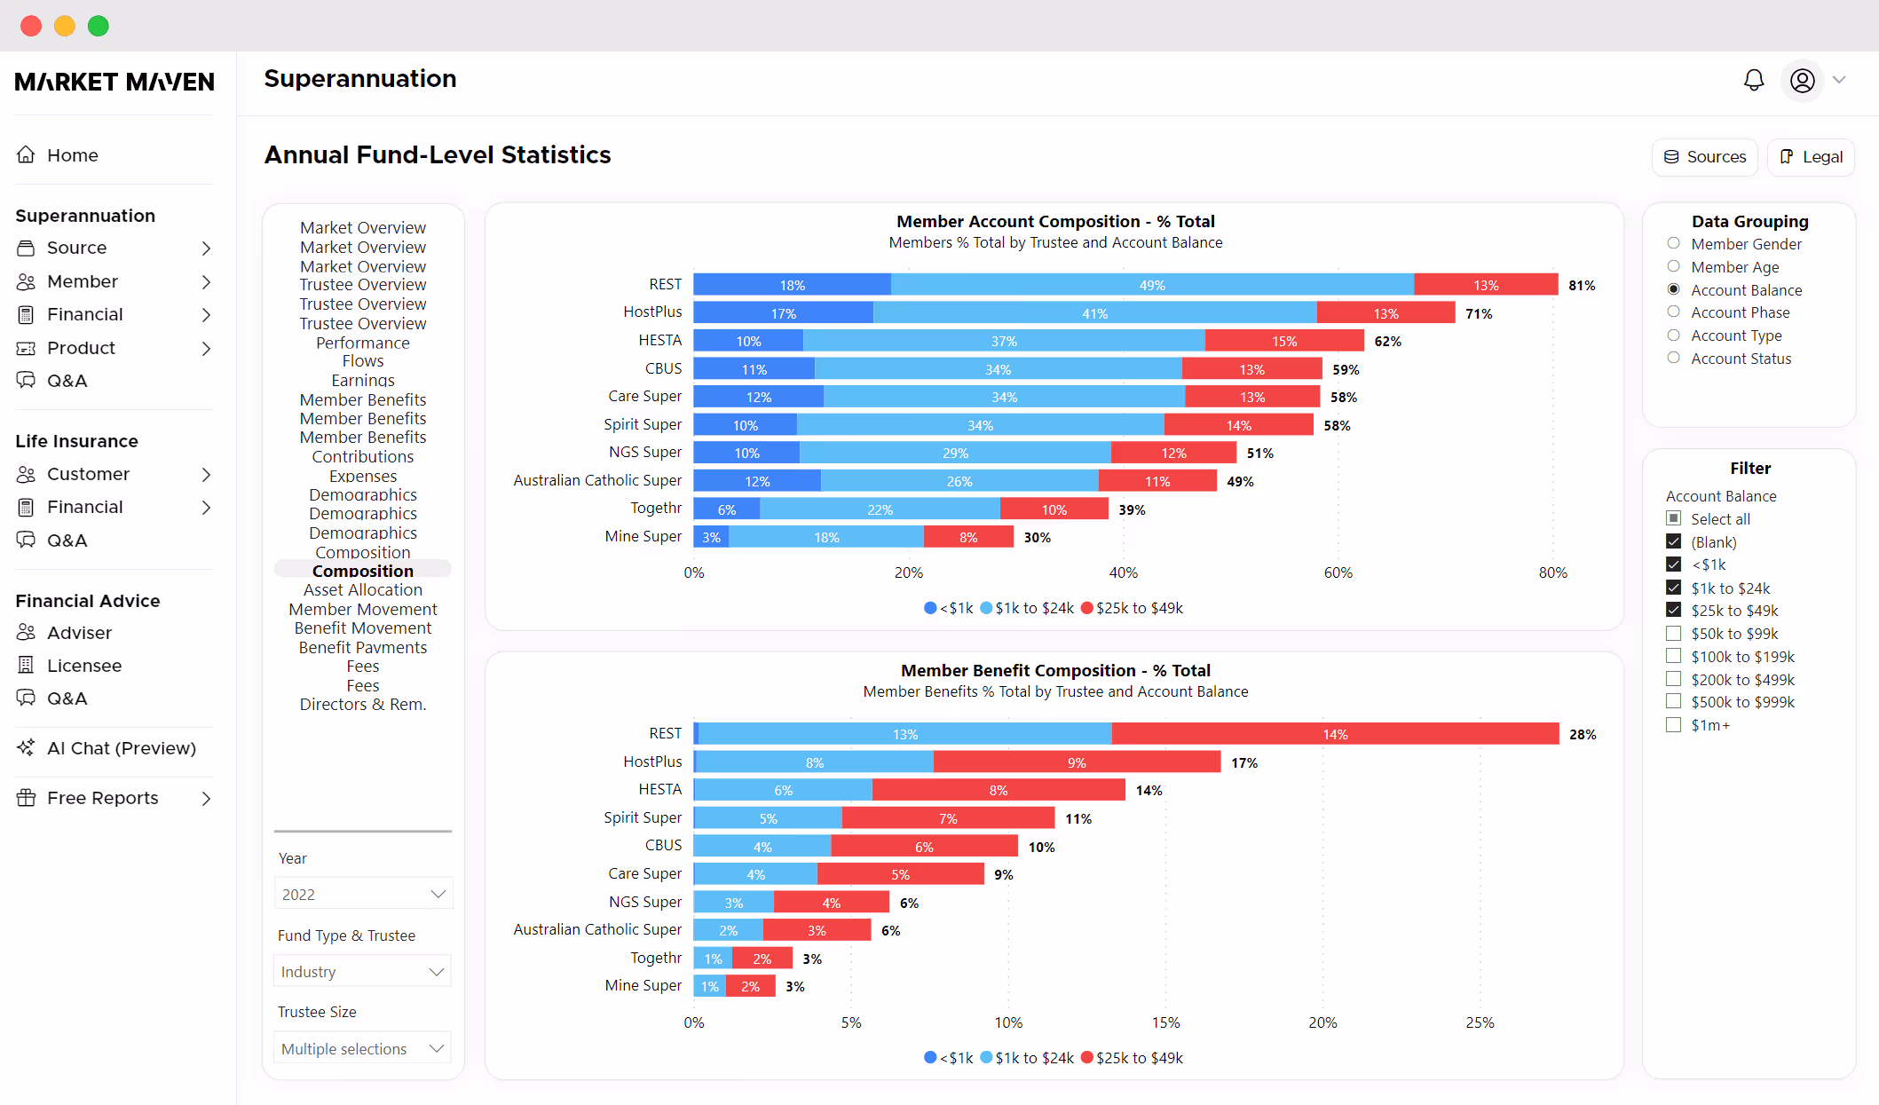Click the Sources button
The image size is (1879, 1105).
coord(1704,157)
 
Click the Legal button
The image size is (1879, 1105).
coord(1811,157)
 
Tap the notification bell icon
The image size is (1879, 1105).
coord(1753,81)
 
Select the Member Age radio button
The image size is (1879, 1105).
coord(1673,266)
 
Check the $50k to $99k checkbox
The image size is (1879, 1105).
coord(1673,634)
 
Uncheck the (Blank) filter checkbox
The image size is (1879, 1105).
coord(1673,541)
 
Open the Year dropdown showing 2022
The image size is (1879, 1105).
coord(363,894)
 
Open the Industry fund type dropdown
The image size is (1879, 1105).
coord(363,971)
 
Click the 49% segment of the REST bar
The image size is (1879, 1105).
coord(1151,285)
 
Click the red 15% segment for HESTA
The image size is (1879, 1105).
coord(1283,341)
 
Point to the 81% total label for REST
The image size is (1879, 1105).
coord(1581,286)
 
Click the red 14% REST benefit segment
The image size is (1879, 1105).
coord(1334,734)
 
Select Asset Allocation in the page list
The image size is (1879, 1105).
coord(363,590)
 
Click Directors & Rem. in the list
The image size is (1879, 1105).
coord(363,705)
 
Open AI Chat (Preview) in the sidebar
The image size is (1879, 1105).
coord(121,748)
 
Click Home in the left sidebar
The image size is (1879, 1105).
coord(72,155)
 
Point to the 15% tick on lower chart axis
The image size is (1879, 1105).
coord(1165,1022)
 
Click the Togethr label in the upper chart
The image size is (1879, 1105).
coord(656,508)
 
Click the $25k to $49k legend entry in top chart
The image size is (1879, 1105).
coord(1132,608)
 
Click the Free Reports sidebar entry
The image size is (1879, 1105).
coord(102,798)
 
